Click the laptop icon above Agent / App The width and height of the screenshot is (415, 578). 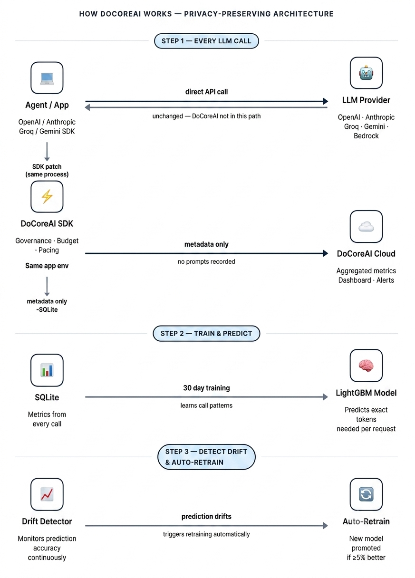click(47, 78)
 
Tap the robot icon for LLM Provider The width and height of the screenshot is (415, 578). click(366, 73)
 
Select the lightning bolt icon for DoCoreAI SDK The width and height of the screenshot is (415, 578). click(47, 197)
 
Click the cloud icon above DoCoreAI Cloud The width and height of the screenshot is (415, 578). click(366, 227)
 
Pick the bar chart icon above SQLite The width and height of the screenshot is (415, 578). click(47, 370)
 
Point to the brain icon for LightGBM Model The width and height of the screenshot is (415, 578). click(366, 366)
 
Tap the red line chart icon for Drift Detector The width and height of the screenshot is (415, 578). click(47, 494)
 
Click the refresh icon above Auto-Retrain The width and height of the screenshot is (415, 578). click(366, 494)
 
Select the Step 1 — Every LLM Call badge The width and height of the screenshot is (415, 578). click(206, 41)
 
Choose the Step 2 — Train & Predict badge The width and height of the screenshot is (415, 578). click(206, 333)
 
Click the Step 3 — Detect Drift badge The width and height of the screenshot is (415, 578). click(206, 457)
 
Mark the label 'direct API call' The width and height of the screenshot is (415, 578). click(206, 92)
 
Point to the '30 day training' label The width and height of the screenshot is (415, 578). click(206, 388)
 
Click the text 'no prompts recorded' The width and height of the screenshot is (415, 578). click(206, 261)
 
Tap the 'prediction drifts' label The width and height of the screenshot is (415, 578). click(206, 516)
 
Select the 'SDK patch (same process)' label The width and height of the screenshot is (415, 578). click(47, 171)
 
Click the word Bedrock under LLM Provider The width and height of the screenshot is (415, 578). click(366, 136)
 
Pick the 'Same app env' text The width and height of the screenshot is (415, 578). click(47, 266)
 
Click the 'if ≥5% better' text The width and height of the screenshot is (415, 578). click(366, 558)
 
